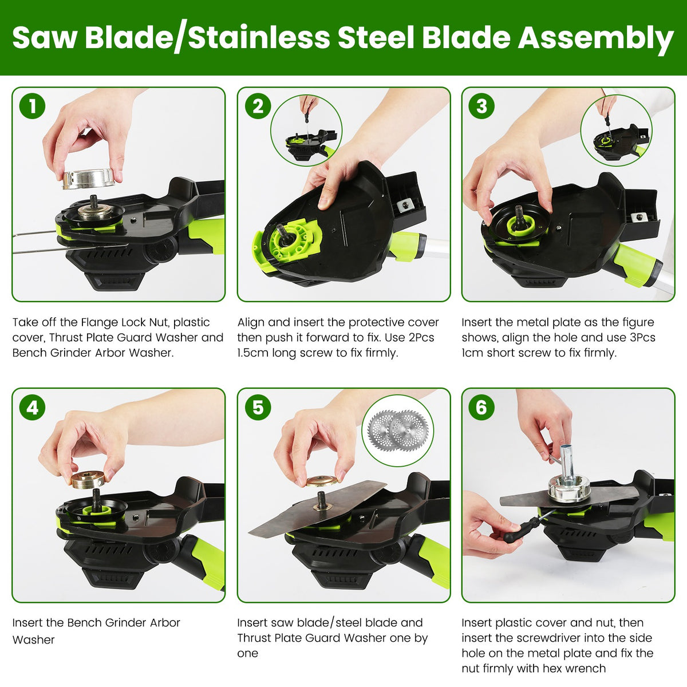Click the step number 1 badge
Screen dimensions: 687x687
(32, 106)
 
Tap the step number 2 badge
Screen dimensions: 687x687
(258, 106)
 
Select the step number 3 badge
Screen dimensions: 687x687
(481, 106)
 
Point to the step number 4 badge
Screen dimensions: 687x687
(32, 407)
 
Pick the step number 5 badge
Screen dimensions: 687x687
(258, 407)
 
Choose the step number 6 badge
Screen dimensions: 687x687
(481, 407)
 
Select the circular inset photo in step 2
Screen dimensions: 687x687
(306, 131)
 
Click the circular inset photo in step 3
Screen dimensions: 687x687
(617, 131)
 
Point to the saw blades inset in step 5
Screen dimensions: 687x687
(398, 431)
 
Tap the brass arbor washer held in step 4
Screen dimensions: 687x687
(88, 480)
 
